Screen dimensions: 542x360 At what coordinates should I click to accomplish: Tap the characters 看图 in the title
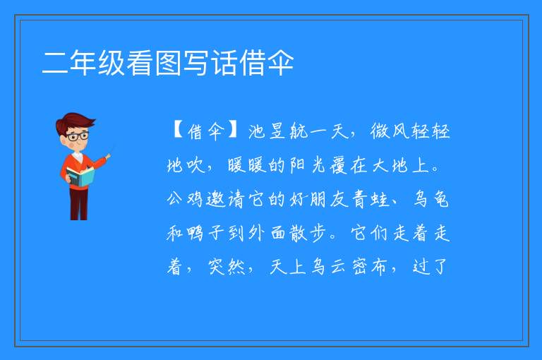153,63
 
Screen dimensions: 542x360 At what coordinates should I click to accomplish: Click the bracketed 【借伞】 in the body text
205,131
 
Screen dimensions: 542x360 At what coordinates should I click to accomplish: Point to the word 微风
390,131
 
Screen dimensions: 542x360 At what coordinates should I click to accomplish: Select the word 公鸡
185,199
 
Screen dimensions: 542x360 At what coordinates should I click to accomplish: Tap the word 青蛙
371,199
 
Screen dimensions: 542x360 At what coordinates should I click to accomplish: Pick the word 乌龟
431,199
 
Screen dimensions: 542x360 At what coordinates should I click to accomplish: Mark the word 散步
307,233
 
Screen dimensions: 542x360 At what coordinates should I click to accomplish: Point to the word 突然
227,267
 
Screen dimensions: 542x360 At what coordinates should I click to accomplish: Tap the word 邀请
225,199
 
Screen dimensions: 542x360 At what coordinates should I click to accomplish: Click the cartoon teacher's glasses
78,136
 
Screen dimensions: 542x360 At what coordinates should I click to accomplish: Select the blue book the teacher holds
80,177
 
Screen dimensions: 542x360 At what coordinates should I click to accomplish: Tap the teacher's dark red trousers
78,204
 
